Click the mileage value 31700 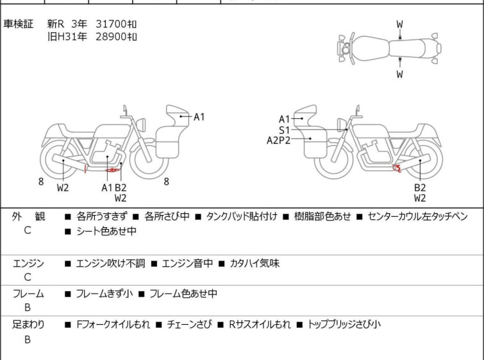[x=111, y=24]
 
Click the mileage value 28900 [x=111, y=37]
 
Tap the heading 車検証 [x=18, y=24]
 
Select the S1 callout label [x=284, y=130]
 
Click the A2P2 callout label [x=278, y=141]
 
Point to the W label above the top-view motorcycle [x=400, y=24]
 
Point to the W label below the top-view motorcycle [x=400, y=74]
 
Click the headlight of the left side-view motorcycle [x=141, y=124]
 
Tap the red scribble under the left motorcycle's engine [x=112, y=169]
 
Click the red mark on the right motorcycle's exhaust [x=397, y=168]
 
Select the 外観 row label [x=28, y=217]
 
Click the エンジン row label [x=28, y=264]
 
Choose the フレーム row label [x=28, y=294]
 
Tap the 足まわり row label [x=28, y=325]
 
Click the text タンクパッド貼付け [x=242, y=216]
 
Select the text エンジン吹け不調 [x=110, y=264]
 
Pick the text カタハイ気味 [x=255, y=264]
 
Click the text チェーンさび [x=190, y=325]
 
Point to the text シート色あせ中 [x=106, y=231]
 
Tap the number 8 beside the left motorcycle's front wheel [x=167, y=182]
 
